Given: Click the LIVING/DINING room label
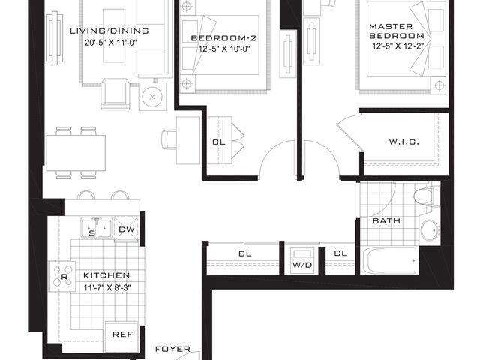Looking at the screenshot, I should [119, 31].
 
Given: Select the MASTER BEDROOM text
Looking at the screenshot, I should [396, 31].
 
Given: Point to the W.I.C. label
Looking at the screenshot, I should [403, 142].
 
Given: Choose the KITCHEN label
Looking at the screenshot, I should [106, 275].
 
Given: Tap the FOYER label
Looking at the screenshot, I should [172, 349].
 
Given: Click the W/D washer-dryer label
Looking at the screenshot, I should [301, 264].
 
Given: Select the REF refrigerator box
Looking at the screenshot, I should [123, 334].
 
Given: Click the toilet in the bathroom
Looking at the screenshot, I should [424, 198].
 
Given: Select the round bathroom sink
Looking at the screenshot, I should [430, 230].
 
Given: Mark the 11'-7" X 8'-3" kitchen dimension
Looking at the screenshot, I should [106, 287].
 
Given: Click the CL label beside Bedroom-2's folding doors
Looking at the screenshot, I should [218, 141].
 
